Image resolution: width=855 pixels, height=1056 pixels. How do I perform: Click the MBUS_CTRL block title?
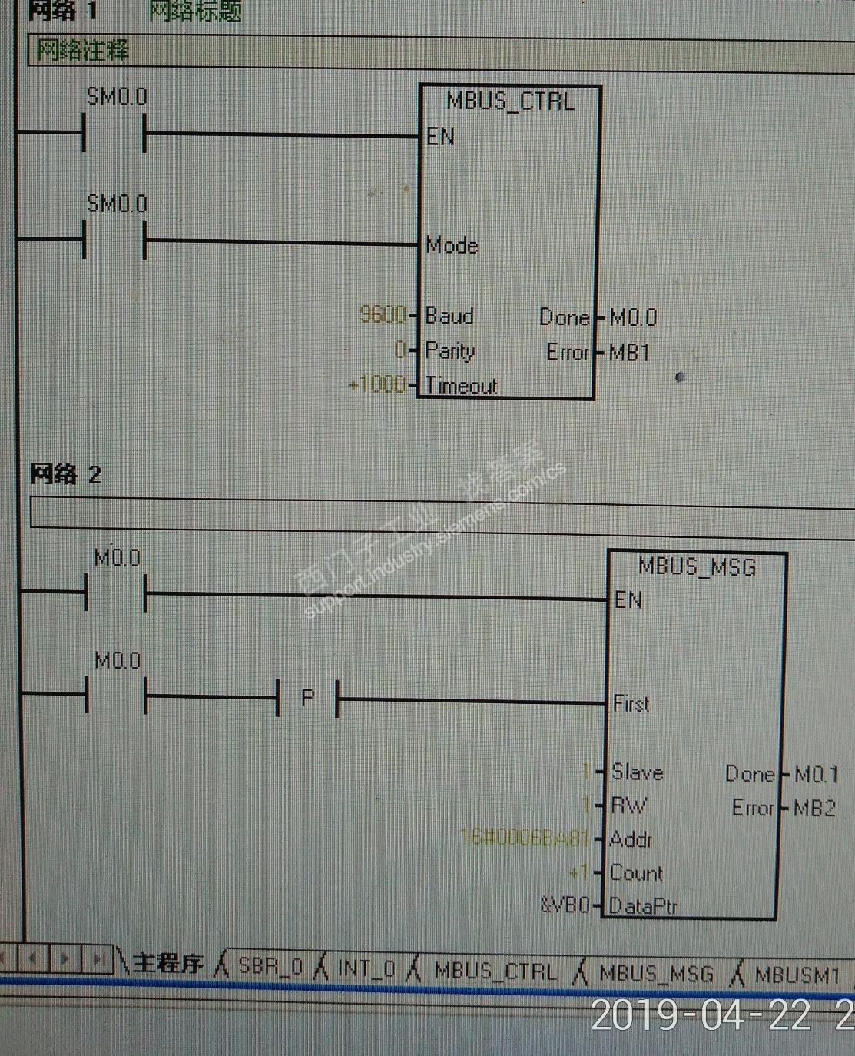(x=510, y=101)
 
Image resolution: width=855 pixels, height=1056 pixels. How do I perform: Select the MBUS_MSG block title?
(x=698, y=567)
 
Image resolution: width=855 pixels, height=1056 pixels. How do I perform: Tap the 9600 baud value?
(x=383, y=314)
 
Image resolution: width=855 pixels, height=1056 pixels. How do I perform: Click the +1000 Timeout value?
(x=377, y=384)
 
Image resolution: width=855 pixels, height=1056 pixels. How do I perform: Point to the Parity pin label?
(x=450, y=351)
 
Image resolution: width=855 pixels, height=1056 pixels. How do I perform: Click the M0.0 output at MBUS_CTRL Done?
(x=633, y=317)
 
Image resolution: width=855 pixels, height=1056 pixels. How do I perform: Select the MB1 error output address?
(x=629, y=353)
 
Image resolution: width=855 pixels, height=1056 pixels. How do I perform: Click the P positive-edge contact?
(x=307, y=699)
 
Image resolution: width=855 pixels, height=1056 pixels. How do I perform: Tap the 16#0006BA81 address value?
(x=525, y=836)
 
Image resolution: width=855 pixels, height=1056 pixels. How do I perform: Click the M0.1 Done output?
(x=816, y=774)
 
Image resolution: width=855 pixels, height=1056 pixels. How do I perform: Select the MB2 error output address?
(x=814, y=808)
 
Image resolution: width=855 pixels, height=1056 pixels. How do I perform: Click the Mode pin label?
(x=452, y=245)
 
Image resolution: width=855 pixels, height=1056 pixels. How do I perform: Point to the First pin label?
(x=631, y=703)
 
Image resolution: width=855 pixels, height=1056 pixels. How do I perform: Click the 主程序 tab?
(x=167, y=963)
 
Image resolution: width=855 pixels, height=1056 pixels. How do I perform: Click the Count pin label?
(x=636, y=873)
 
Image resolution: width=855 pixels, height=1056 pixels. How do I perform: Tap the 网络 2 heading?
(x=66, y=474)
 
